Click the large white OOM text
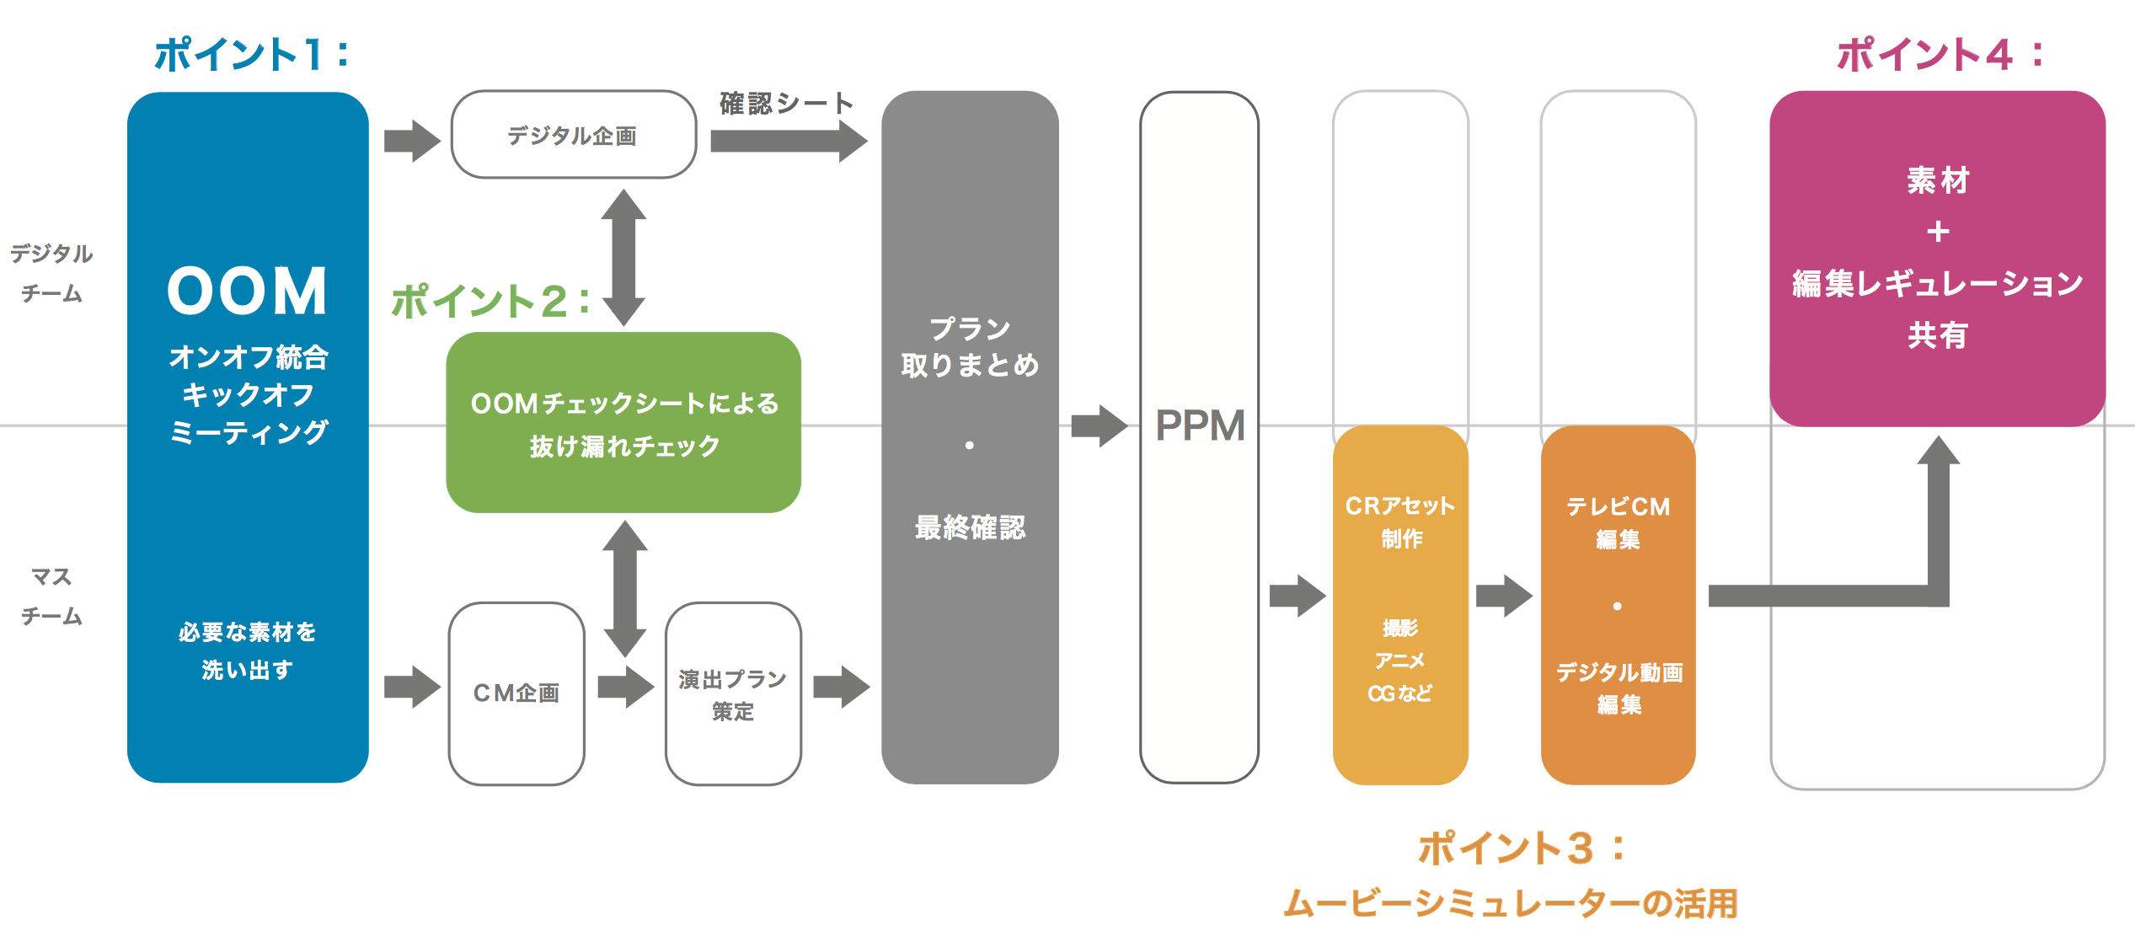point(248,292)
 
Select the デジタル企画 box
point(573,135)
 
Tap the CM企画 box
point(516,693)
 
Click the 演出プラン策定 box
point(732,694)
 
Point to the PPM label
point(1200,425)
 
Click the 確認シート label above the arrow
point(785,104)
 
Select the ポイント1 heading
point(251,55)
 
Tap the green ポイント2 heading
point(491,301)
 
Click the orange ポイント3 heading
point(1522,848)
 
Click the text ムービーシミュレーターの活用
point(1510,903)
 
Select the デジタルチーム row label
point(51,273)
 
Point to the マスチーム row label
point(51,597)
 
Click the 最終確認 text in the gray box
point(970,527)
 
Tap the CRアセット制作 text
point(1400,522)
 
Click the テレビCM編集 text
point(1618,522)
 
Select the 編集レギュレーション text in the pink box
point(1937,284)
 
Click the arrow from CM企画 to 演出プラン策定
point(625,687)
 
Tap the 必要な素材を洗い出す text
point(247,650)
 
